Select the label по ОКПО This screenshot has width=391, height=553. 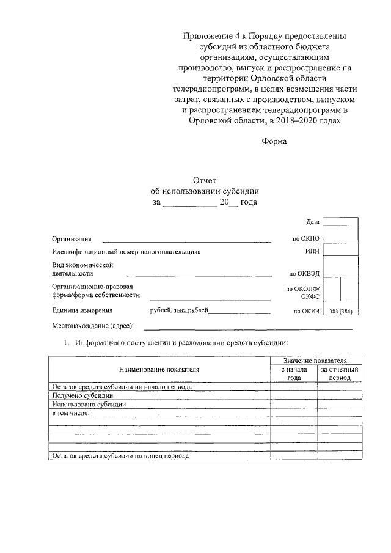click(307, 238)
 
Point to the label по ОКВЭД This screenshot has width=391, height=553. click(305, 274)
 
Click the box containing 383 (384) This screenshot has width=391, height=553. click(340, 311)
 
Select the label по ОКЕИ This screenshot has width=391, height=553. click(307, 311)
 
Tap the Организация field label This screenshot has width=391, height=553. click(72, 238)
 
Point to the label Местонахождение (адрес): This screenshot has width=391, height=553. click(93, 326)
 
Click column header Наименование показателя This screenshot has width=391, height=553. click(159, 369)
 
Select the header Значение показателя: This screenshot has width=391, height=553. click(315, 362)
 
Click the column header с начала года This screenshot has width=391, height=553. click(294, 373)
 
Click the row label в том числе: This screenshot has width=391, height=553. click(71, 412)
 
